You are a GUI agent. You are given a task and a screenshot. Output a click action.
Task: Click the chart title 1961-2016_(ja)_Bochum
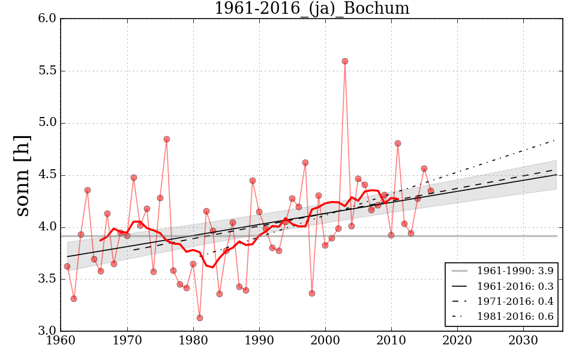tap(311, 9)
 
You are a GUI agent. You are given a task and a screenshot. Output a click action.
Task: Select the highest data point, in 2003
tap(345, 61)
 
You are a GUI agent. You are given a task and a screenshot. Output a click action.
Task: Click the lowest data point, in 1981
tap(200, 318)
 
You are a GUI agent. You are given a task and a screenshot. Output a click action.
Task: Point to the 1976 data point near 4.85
tap(167, 139)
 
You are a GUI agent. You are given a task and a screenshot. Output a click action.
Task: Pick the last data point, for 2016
tap(431, 191)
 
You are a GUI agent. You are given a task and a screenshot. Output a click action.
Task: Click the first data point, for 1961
tap(67, 266)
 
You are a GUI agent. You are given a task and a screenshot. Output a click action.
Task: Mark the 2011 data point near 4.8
tap(398, 143)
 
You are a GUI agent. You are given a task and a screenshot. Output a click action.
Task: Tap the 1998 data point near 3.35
tap(312, 293)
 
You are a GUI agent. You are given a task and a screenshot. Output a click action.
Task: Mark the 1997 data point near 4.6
tap(305, 163)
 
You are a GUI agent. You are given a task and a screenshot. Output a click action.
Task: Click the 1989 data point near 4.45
tap(253, 181)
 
